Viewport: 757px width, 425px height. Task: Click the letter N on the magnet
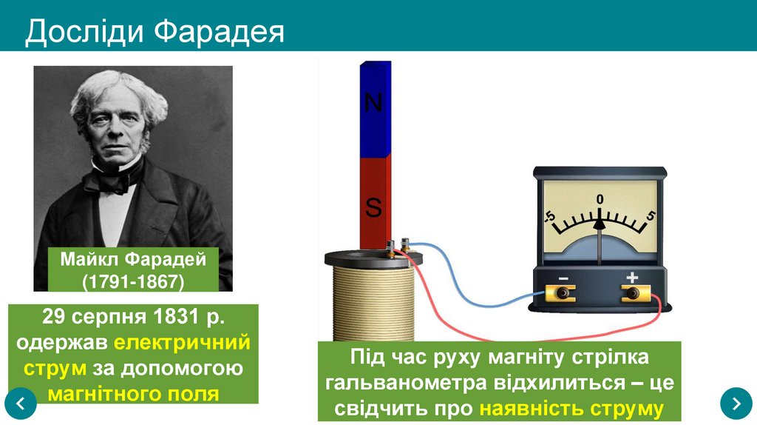[374, 103]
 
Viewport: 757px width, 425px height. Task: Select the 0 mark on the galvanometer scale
[600, 198]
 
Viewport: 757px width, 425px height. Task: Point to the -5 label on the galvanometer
[549, 216]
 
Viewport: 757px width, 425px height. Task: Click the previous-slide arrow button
[21, 403]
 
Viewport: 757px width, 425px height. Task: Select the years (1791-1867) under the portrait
[133, 281]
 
